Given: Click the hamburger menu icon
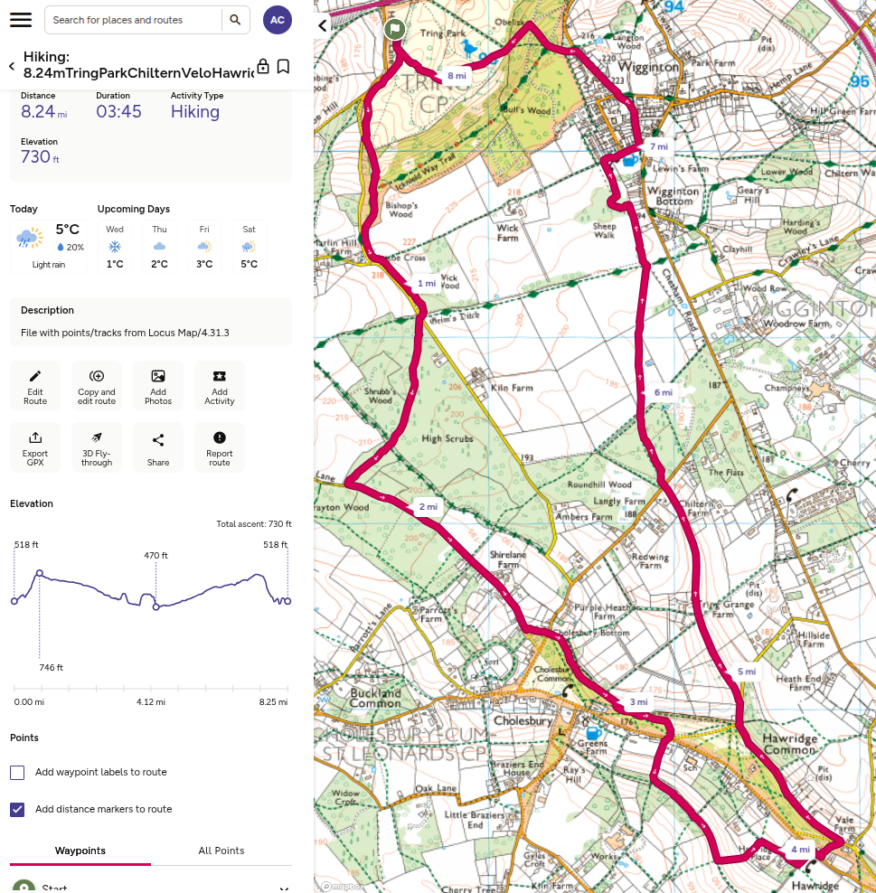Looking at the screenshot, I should [x=21, y=20].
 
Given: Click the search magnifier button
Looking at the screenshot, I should [x=235, y=20].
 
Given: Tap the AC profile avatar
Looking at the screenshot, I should [x=278, y=20].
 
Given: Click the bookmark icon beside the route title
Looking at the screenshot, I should [x=283, y=66].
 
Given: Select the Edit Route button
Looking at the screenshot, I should [x=35, y=386].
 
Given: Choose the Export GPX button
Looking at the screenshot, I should [x=35, y=447].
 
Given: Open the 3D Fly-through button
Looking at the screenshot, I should [x=97, y=447].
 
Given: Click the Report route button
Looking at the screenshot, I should [x=220, y=447].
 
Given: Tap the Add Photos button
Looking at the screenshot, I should [x=158, y=386].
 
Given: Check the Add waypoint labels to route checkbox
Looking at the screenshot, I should [x=17, y=773].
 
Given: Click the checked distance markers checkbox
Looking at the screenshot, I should [x=17, y=810].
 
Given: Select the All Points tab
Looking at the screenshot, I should [x=221, y=851].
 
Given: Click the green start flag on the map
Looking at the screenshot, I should [x=394, y=30].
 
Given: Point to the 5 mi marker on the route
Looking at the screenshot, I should [x=746, y=672].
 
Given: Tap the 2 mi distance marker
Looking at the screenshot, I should [x=428, y=507].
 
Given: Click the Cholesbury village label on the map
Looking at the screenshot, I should [x=516, y=721].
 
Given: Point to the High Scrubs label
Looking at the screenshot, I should [x=448, y=438].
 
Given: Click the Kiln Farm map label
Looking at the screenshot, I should [x=513, y=388].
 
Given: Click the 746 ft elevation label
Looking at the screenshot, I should [x=51, y=668].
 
